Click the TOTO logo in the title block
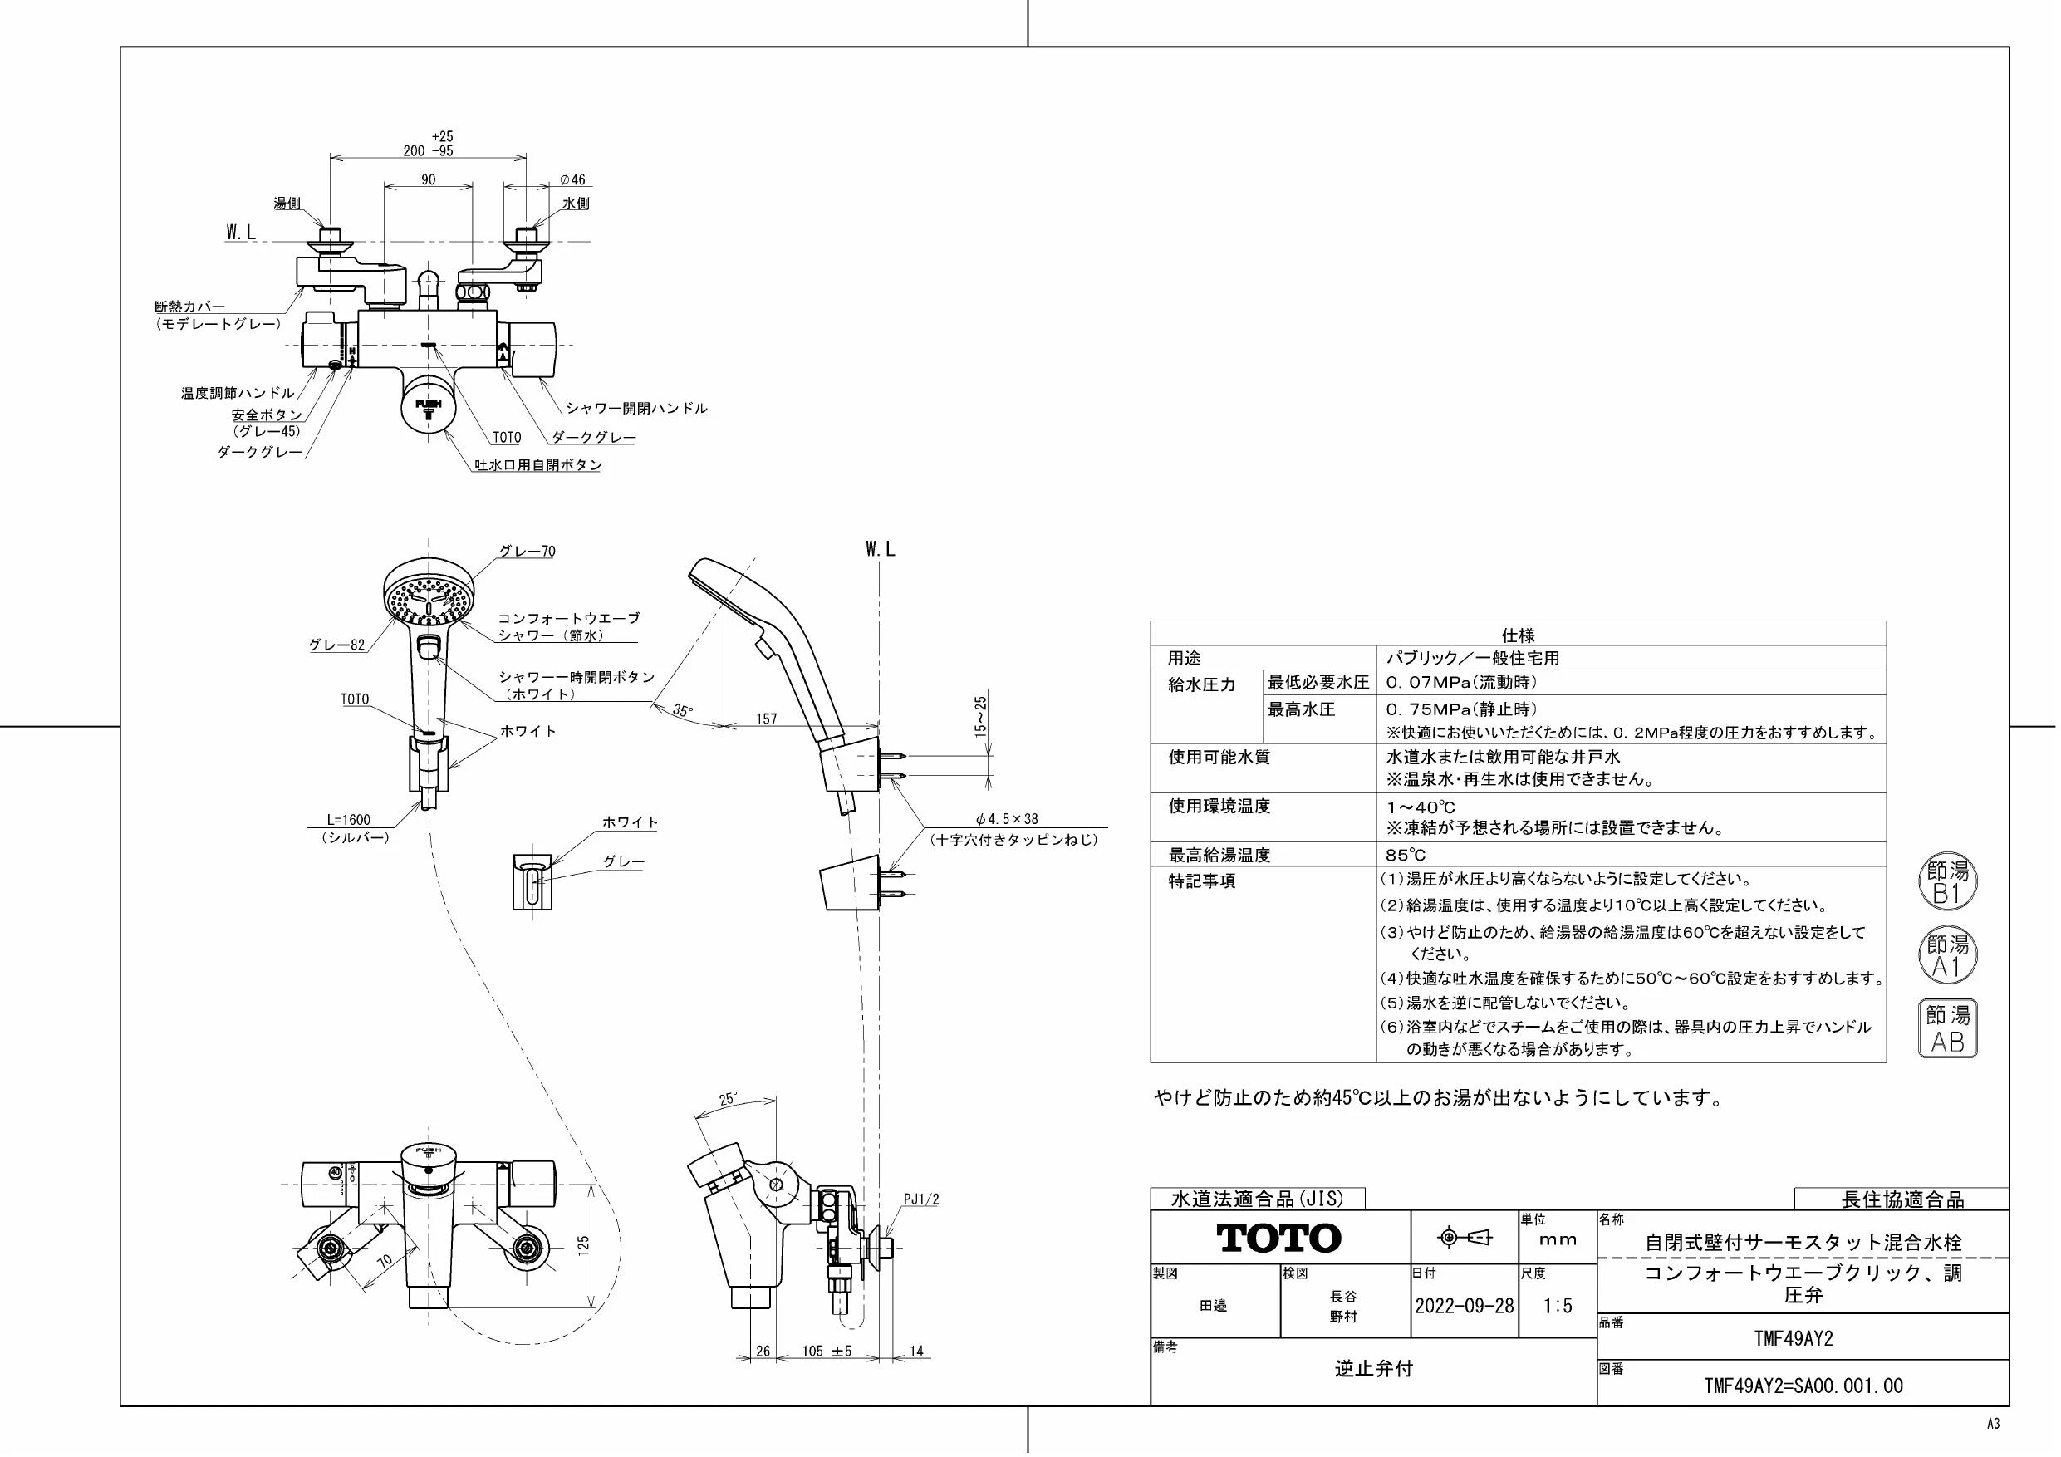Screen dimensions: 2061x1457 point(1278,1239)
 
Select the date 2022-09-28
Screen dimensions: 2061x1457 point(1464,1306)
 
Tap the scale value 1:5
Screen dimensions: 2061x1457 point(1558,1306)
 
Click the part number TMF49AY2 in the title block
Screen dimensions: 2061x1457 point(1794,1338)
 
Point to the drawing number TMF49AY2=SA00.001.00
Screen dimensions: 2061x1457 point(1803,1386)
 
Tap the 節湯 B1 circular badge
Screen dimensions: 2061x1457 point(1948,883)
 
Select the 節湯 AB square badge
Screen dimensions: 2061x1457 point(1948,1028)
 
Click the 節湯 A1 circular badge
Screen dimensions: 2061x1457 point(1948,956)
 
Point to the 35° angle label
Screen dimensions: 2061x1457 point(683,711)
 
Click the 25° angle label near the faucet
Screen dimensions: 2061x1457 point(728,1100)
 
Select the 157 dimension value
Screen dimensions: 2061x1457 point(767,719)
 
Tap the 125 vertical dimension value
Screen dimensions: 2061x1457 point(582,1245)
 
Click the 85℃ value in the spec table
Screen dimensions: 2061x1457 point(1406,856)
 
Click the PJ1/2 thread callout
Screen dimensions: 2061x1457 point(921,1199)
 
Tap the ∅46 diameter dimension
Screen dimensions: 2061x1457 point(572,180)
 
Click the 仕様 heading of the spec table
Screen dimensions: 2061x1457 point(1518,635)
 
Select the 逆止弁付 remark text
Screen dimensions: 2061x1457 point(1373,1368)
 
